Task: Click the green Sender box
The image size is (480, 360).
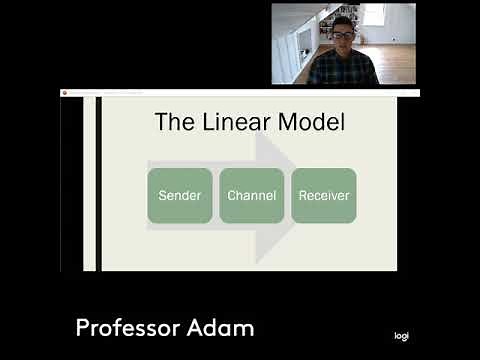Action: click(x=180, y=195)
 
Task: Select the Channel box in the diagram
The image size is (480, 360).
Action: click(x=252, y=195)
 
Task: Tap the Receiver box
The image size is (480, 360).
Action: click(x=324, y=195)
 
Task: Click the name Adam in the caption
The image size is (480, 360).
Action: click(x=225, y=328)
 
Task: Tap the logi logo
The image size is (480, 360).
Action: click(x=401, y=336)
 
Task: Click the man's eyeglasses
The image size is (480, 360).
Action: click(x=343, y=34)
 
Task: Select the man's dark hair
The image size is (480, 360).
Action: click(x=343, y=21)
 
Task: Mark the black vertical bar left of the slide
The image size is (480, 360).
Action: click(x=98, y=185)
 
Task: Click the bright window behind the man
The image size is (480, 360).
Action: click(x=374, y=14)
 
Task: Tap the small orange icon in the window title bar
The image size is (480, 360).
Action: click(x=65, y=93)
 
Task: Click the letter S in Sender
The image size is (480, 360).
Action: click(x=162, y=195)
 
